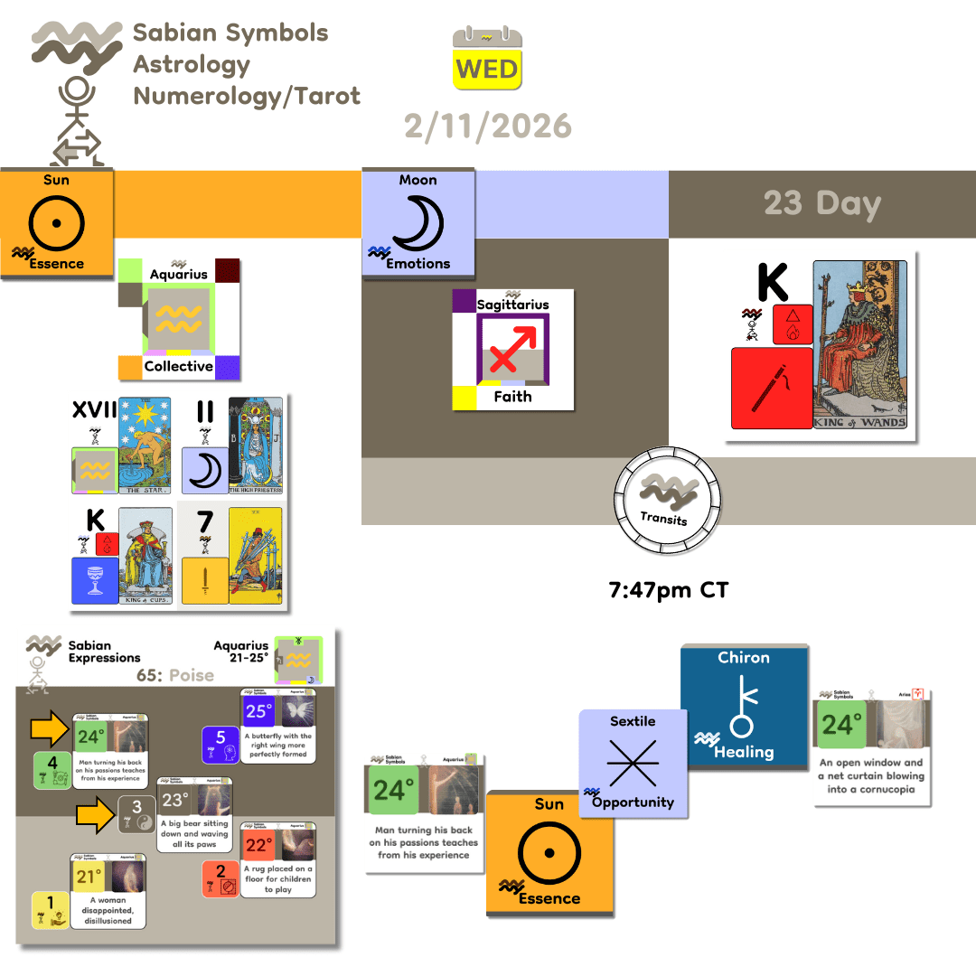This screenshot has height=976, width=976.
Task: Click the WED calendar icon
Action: coord(488,59)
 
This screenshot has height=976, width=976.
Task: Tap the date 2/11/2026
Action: coord(488,126)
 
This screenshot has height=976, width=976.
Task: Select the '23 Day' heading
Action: coord(821,203)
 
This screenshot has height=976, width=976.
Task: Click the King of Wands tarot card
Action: coord(859,344)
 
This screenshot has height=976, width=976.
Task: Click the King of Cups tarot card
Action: coord(145,556)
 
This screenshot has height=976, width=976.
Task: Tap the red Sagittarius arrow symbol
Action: coord(513,347)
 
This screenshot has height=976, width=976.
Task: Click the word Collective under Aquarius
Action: coord(179,366)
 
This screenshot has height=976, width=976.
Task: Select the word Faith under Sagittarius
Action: coord(512,396)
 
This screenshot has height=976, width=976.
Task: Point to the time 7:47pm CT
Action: coord(668,591)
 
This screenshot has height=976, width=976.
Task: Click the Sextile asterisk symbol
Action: coord(633,765)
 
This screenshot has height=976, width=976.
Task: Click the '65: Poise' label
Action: coord(176,675)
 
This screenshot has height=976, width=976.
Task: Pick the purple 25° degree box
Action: coord(259,710)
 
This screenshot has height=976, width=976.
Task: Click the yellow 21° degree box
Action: coord(89,877)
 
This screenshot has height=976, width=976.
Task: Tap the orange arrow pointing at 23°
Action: coord(95,815)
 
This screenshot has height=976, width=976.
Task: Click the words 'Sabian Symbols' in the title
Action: coord(230,33)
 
